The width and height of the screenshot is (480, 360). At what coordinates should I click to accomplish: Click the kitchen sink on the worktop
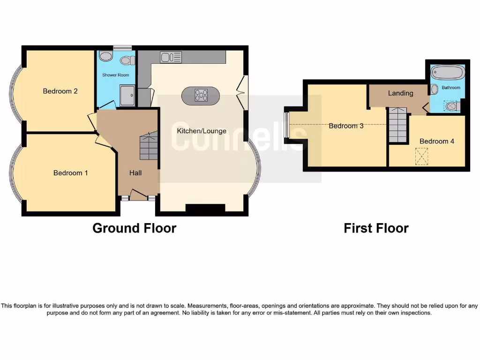(x=171, y=57)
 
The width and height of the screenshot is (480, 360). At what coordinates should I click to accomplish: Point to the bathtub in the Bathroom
(x=447, y=73)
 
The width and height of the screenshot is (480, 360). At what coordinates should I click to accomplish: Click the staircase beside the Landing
(x=397, y=125)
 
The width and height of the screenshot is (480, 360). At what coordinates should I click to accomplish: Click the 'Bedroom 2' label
(x=60, y=91)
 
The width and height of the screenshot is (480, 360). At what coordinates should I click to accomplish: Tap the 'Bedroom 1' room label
(x=70, y=173)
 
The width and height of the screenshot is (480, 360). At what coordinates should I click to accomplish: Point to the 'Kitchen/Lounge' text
(x=202, y=131)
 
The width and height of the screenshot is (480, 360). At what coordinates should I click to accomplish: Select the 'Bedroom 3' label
(x=346, y=126)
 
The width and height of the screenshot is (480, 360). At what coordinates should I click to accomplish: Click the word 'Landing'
(x=400, y=93)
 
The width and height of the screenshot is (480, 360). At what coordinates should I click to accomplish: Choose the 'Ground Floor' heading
(x=134, y=228)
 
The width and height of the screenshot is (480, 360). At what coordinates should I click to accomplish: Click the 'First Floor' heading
(x=376, y=228)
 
